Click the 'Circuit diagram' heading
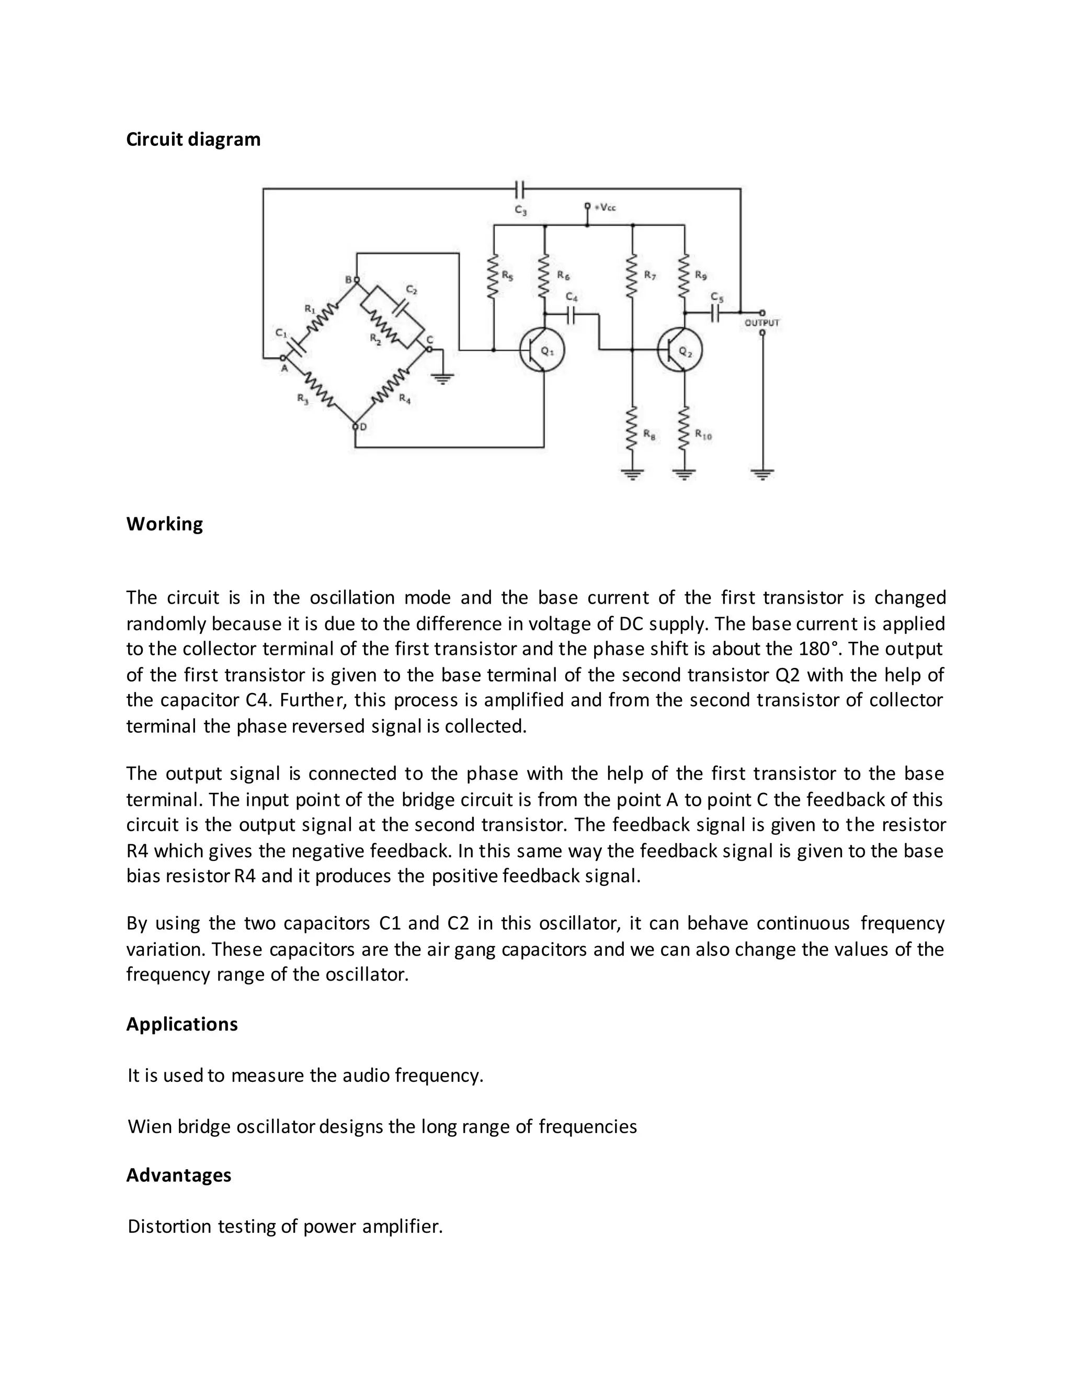click(193, 140)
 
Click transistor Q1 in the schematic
click(541, 350)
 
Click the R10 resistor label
click(703, 434)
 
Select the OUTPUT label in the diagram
click(761, 323)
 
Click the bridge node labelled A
click(283, 359)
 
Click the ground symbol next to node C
click(442, 378)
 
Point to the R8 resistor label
click(649, 434)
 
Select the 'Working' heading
click(164, 524)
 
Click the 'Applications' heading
click(181, 1024)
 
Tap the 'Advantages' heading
click(178, 1175)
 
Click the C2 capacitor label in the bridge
click(412, 290)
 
